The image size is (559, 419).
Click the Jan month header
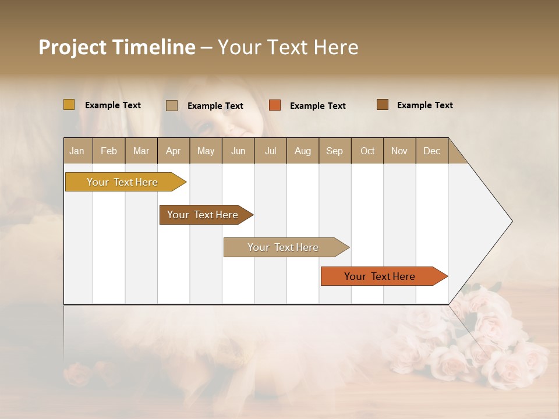coord(77,151)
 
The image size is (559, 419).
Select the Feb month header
coord(109,151)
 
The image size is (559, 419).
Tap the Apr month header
coord(173,151)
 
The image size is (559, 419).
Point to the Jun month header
coord(238,151)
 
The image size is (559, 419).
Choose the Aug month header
coord(303,151)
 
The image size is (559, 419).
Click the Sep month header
coord(334,151)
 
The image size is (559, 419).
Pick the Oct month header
coord(367,151)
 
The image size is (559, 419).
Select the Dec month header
coord(431,151)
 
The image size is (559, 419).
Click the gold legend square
coord(69,105)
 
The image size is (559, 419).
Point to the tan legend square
coord(172,105)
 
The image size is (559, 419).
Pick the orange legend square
coord(275,105)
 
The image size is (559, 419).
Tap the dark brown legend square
coord(383,105)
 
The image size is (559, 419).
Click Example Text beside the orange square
coord(318,106)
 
